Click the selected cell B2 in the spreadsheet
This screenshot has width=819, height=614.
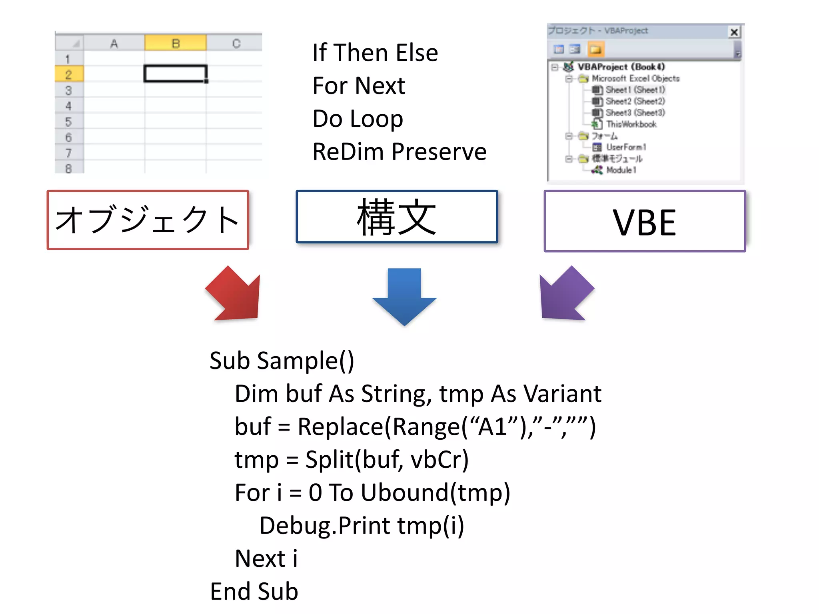175,74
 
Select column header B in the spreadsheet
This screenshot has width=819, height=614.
175,43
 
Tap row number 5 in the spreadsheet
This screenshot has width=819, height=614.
69,122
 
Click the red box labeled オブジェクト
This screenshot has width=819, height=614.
148,220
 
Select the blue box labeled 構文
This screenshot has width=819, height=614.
397,217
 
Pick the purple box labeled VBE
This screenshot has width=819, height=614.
645,221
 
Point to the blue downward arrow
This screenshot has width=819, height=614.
404,296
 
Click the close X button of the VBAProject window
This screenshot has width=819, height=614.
734,32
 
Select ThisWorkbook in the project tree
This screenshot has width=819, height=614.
631,124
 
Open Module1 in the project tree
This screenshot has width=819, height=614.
621,170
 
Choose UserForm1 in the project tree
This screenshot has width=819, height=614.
626,147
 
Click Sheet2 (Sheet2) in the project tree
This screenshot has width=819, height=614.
635,101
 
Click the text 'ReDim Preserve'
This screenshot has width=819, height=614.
399,152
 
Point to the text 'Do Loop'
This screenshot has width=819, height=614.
358,119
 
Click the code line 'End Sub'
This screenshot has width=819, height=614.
254,591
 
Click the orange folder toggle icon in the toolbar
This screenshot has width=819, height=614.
595,50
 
